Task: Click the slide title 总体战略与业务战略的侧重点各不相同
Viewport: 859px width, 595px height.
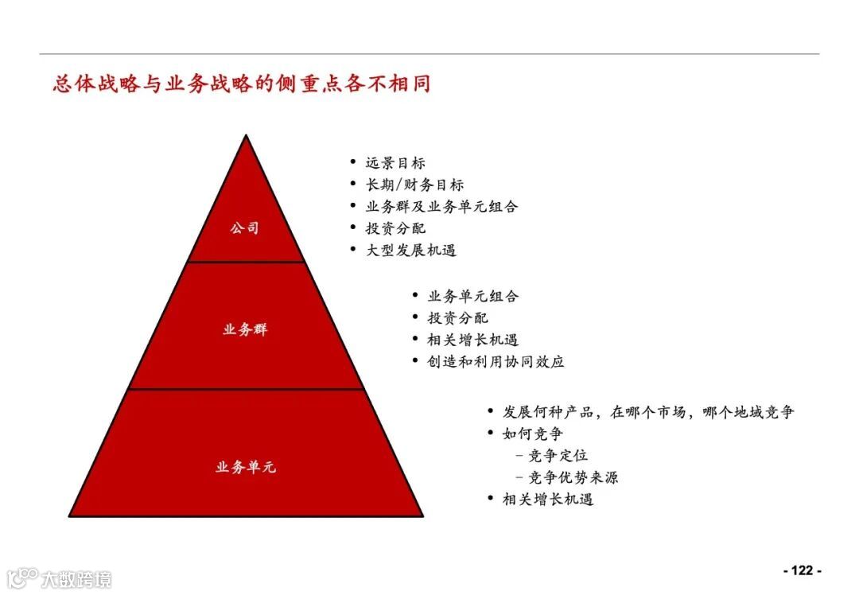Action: pyautogui.click(x=242, y=84)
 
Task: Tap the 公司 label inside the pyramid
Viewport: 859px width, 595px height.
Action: pyautogui.click(x=245, y=228)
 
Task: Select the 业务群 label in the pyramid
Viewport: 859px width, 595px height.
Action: pyautogui.click(x=245, y=329)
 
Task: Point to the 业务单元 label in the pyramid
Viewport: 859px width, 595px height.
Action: pyautogui.click(x=245, y=467)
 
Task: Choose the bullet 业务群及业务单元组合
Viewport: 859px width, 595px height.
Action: pyautogui.click(x=441, y=207)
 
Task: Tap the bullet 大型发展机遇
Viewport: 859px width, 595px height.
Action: pyautogui.click(x=410, y=250)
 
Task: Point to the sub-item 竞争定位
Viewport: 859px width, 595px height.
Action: pyautogui.click(x=558, y=456)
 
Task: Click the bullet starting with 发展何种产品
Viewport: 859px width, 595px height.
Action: pyautogui.click(x=647, y=412)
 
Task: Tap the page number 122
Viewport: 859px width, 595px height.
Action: pyautogui.click(x=802, y=570)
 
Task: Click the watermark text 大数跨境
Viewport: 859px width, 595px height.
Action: pyautogui.click(x=76, y=578)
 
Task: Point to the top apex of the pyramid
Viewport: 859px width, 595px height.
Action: pyautogui.click(x=247, y=136)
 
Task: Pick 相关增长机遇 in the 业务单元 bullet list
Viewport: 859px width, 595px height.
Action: pyautogui.click(x=548, y=500)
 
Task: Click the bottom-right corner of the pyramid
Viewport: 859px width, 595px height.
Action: pyautogui.click(x=422, y=515)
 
